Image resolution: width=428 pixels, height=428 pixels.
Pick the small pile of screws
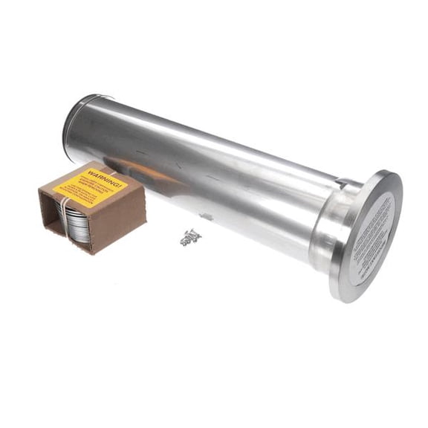(189, 237)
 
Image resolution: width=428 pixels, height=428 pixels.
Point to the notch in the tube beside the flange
(339, 183)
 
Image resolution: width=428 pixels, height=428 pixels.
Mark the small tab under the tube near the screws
(206, 217)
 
